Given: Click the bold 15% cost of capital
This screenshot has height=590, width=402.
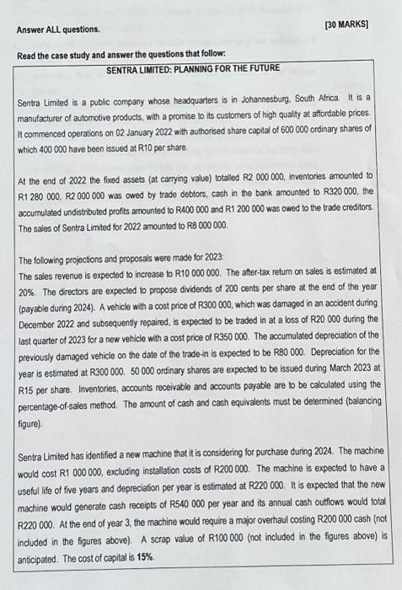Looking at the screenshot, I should pyautogui.click(x=148, y=547).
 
